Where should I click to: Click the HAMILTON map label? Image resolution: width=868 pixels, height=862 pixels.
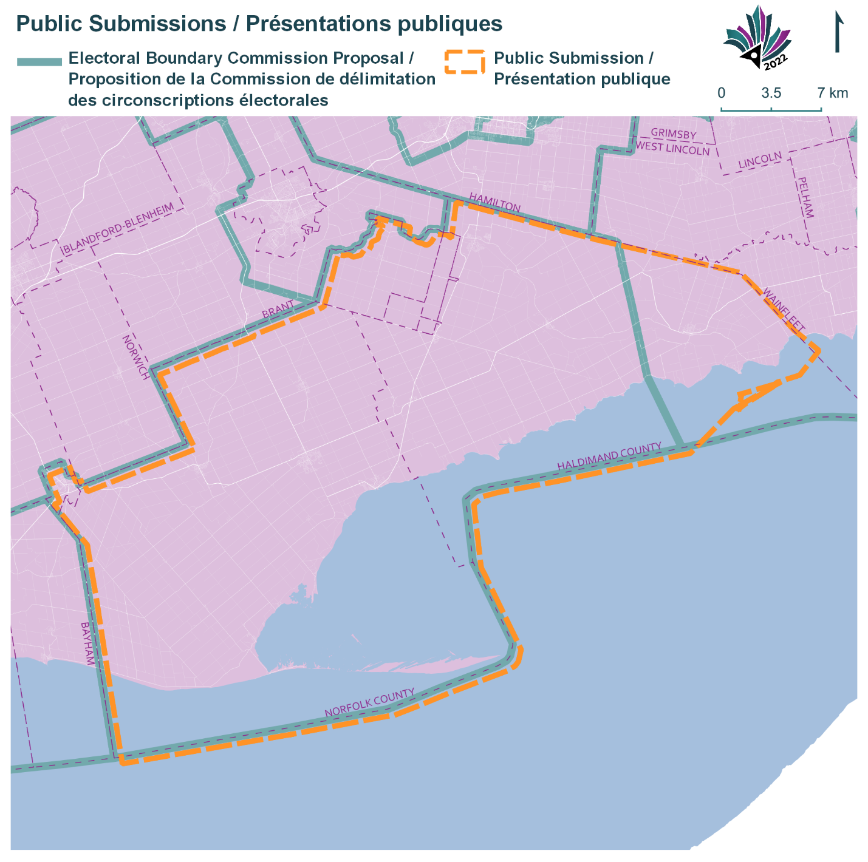[494, 203]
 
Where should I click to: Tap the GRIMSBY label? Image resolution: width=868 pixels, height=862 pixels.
[674, 134]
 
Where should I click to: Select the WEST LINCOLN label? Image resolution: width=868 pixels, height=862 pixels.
[672, 148]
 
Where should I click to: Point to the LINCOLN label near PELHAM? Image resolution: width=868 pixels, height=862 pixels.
[760, 161]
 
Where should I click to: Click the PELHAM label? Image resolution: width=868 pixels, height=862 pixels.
[805, 197]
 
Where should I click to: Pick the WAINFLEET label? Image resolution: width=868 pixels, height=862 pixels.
[784, 310]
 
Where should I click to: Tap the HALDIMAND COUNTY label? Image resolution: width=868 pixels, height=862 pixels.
[609, 456]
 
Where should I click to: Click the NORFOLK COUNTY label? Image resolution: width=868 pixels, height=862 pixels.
[369, 702]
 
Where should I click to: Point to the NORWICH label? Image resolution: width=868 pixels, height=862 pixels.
[135, 357]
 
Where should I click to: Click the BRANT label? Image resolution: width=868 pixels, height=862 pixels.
[278, 309]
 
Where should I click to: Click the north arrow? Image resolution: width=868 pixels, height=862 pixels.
[838, 33]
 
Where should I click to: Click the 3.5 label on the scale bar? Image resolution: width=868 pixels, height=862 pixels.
[771, 93]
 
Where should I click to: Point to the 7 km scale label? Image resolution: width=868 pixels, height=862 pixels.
[832, 93]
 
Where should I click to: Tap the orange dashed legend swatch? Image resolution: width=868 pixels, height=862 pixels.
[465, 62]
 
